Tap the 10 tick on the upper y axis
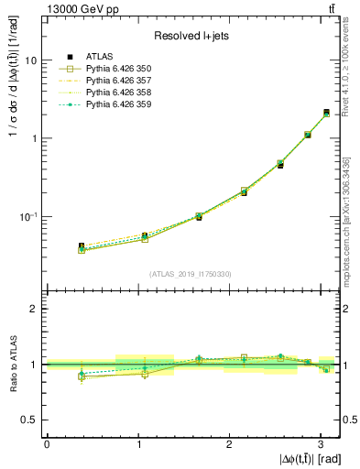point(32,60)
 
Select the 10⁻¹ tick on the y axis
point(30,217)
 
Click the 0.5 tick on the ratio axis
point(30,420)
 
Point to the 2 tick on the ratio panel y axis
point(35,309)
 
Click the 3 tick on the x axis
point(320,442)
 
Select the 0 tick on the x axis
point(46,442)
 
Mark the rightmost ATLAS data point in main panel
point(327,113)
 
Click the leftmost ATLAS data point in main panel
point(82,246)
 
